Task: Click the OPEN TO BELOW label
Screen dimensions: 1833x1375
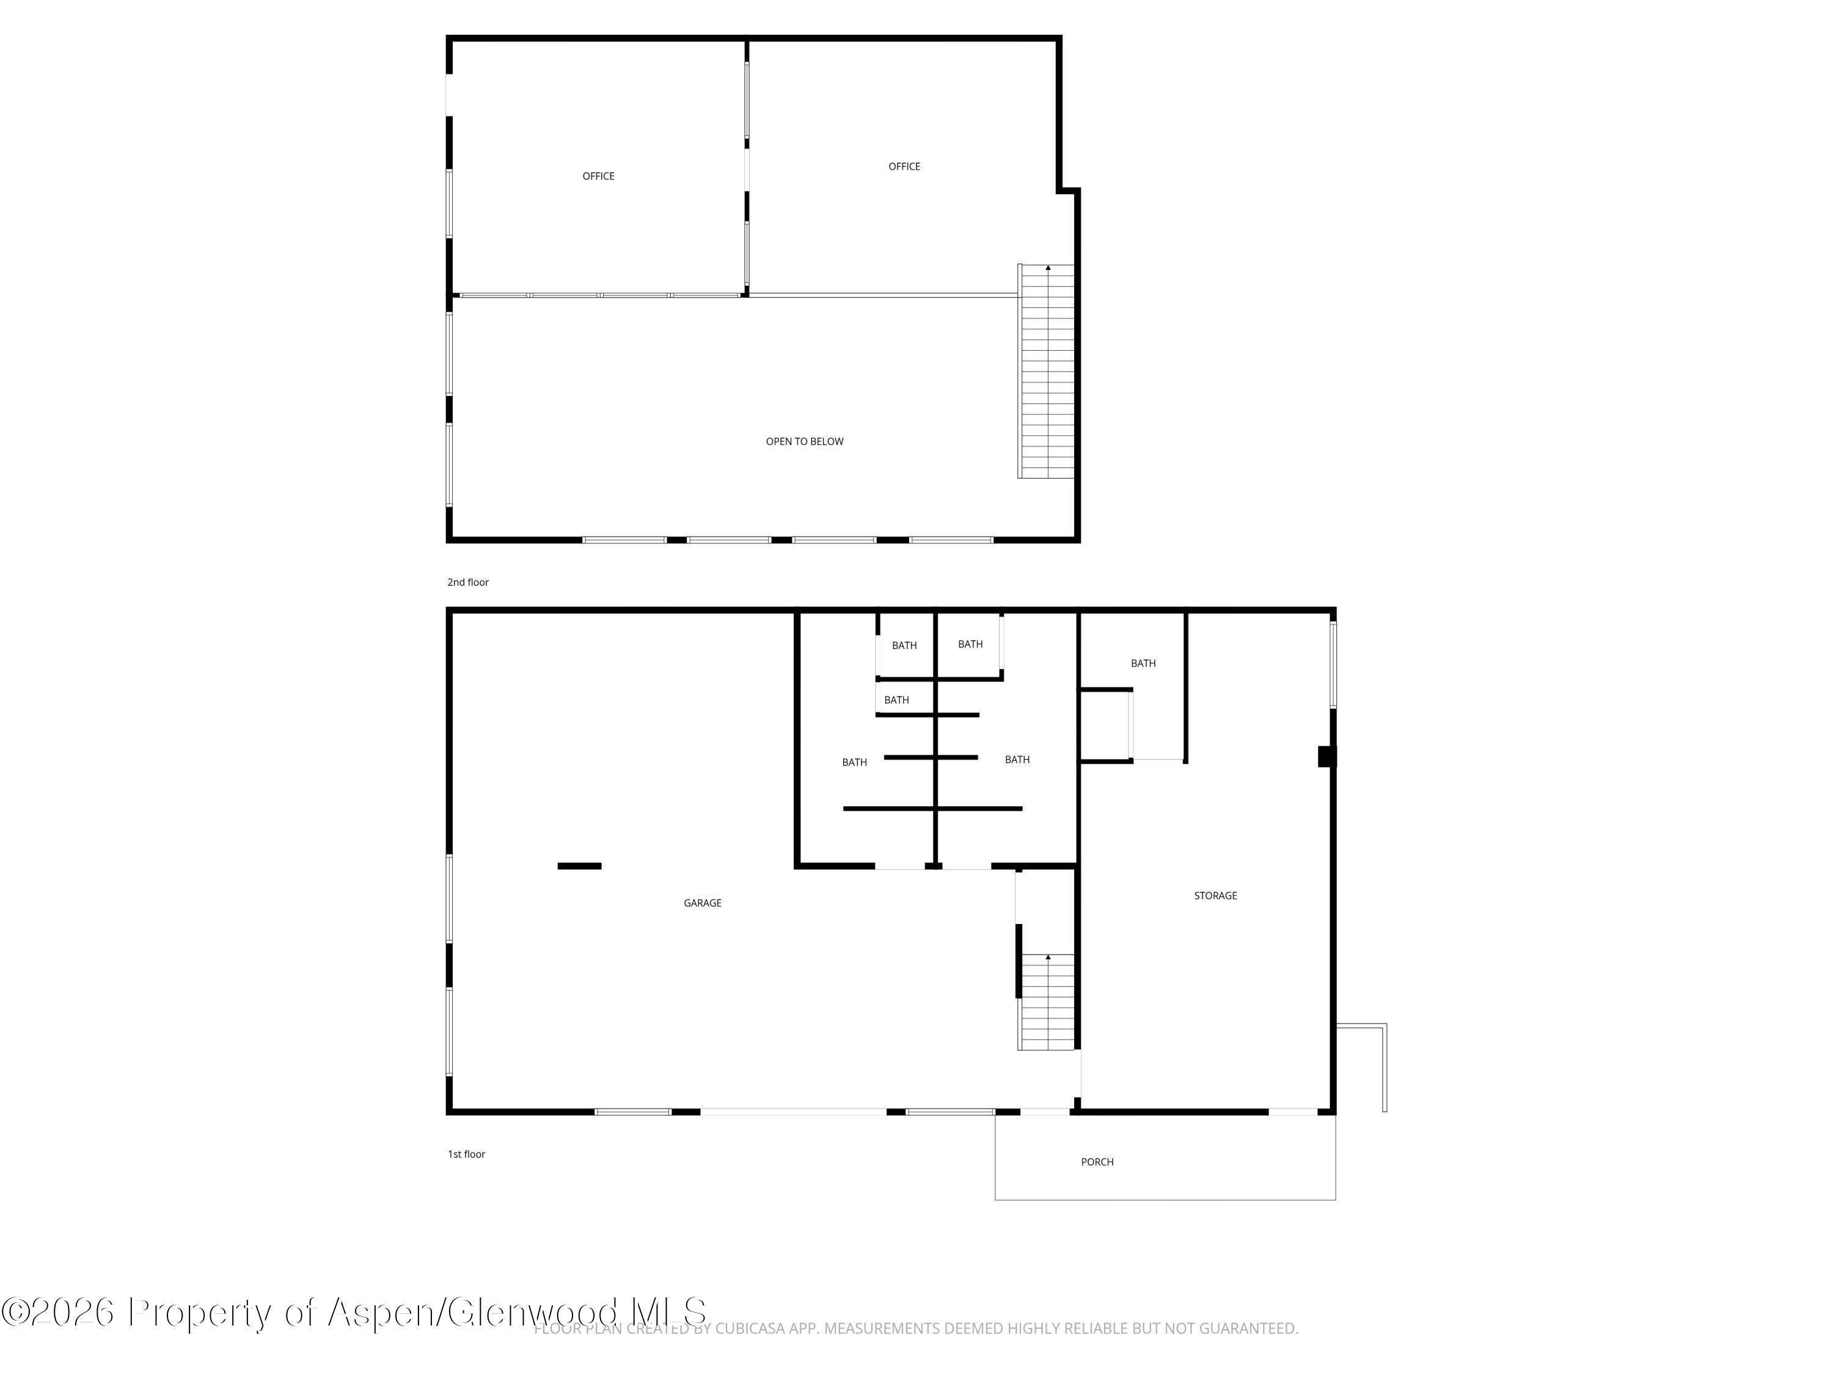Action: [x=804, y=442]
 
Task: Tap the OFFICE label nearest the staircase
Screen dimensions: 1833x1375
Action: [x=904, y=167]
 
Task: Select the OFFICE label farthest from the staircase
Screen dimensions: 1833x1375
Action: [x=598, y=177]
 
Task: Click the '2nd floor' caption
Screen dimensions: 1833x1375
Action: [x=468, y=582]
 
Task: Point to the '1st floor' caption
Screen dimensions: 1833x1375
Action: [x=467, y=1154]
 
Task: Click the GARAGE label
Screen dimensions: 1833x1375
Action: [x=703, y=903]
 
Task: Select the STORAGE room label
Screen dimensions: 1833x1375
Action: [x=1216, y=896]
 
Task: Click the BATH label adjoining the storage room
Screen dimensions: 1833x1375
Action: [x=1144, y=664]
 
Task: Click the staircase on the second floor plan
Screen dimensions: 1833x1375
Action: [x=1047, y=372]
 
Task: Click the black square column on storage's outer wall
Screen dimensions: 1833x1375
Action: [x=1326, y=757]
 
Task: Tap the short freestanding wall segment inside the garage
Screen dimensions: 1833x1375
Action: [x=579, y=866]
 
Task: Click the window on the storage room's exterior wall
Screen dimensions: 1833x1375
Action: [x=1333, y=665]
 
